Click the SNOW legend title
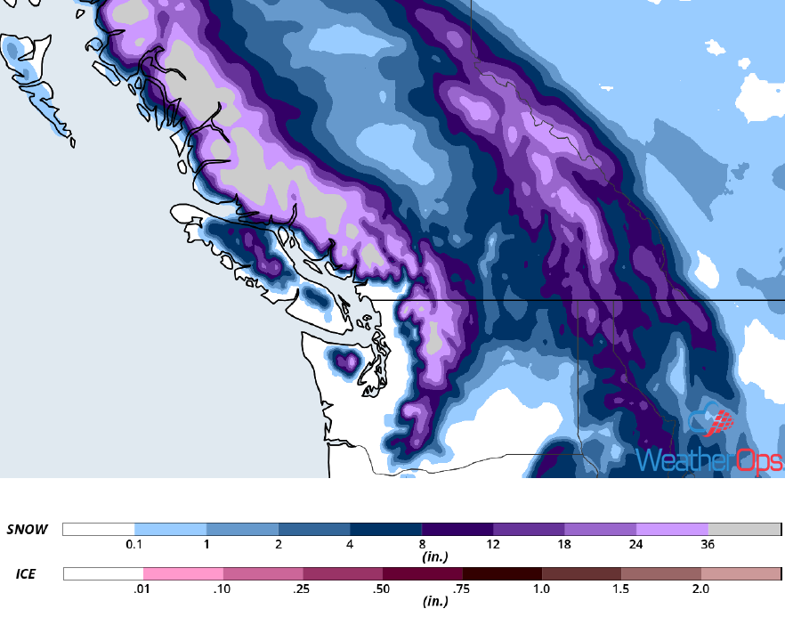coord(27,529)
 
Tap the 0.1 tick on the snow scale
coord(134,544)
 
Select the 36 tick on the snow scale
coord(708,544)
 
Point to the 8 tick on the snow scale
coord(422,544)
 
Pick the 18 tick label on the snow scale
coord(565,544)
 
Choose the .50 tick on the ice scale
coord(383,589)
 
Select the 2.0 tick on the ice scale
coord(700,589)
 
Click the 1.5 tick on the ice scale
coord(621,589)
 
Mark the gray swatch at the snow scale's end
coord(744,529)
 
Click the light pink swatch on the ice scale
coord(183,573)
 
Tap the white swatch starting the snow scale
coord(98,529)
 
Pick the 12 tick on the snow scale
coord(493,544)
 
